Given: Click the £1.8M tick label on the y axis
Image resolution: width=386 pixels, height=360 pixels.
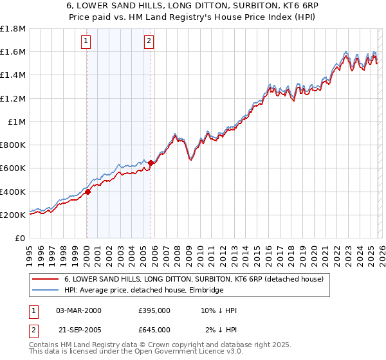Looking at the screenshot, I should pyautogui.click(x=13, y=29).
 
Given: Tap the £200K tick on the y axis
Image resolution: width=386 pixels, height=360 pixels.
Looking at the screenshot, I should pyautogui.click(x=13, y=215).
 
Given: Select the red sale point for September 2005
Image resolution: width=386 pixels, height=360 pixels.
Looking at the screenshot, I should pyautogui.click(x=151, y=163).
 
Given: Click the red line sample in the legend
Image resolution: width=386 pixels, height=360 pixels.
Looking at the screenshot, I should pyautogui.click(x=46, y=279).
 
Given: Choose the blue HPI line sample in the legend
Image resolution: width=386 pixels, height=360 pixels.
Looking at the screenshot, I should pyautogui.click(x=46, y=291).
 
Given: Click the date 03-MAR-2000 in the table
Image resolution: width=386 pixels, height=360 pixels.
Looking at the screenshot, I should pyautogui.click(x=78, y=310).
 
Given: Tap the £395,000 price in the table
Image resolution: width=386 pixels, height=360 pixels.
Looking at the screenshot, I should pyautogui.click(x=154, y=310).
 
